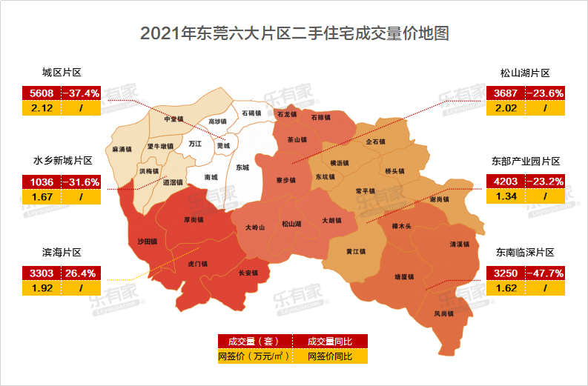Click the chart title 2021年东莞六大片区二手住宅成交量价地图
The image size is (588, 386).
(x=294, y=34)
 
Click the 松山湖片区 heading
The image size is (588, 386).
(x=524, y=73)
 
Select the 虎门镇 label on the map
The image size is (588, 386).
(x=198, y=263)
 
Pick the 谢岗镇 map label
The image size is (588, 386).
(x=439, y=199)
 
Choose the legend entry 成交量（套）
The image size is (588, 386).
(x=253, y=342)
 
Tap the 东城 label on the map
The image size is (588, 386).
(x=242, y=167)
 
